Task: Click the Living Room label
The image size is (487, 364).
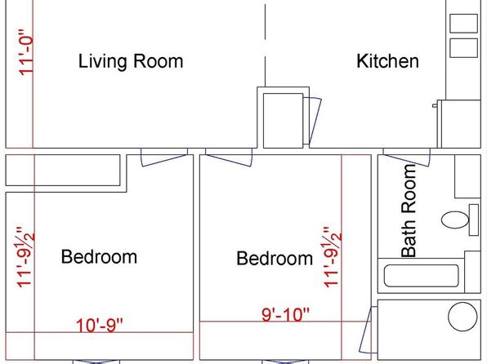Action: tap(131, 61)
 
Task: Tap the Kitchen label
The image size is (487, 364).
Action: tap(387, 61)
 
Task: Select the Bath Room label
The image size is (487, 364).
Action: tap(409, 211)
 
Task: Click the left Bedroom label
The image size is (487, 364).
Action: tap(99, 257)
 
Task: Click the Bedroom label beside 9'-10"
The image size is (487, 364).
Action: tap(275, 258)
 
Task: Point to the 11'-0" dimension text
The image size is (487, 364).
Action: tap(26, 52)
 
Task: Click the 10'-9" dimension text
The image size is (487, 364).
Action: tap(100, 326)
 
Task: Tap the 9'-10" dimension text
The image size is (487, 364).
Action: tap(286, 315)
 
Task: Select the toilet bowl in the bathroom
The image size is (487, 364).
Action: tap(455, 220)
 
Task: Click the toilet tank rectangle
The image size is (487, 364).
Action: tap(474, 220)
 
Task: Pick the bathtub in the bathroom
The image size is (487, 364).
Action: tap(421, 276)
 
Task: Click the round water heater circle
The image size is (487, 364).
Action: tap(462, 317)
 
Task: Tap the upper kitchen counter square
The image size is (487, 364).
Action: tap(463, 24)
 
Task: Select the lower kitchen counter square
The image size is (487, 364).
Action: tap(463, 48)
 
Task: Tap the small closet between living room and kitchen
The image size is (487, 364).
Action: tap(283, 121)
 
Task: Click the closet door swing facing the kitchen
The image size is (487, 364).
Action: tap(312, 121)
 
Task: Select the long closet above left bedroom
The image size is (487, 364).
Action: tap(63, 170)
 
